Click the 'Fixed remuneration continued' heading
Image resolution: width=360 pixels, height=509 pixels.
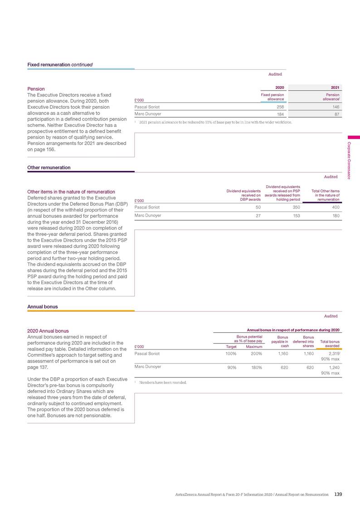60,64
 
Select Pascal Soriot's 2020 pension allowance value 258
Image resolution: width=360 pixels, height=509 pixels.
279,107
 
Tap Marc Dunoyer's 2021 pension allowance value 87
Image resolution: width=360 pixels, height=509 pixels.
336,115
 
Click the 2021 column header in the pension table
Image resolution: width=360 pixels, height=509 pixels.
335,87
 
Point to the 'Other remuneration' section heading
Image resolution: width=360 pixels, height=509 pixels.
49,167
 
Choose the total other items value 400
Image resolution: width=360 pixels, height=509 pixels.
335,207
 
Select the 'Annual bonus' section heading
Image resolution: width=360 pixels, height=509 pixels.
43,306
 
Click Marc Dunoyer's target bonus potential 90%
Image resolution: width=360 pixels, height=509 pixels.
231,368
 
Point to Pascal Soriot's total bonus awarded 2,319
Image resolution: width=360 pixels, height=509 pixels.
332,353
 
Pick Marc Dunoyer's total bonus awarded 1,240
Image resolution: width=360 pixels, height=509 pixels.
333,368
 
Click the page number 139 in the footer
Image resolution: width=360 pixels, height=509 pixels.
338,494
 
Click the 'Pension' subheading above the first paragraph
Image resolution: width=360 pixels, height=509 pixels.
36,89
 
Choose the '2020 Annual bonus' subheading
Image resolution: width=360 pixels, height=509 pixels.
48,331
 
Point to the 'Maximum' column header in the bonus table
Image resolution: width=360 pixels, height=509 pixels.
254,347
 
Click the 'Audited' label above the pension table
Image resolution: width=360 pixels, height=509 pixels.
275,74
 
